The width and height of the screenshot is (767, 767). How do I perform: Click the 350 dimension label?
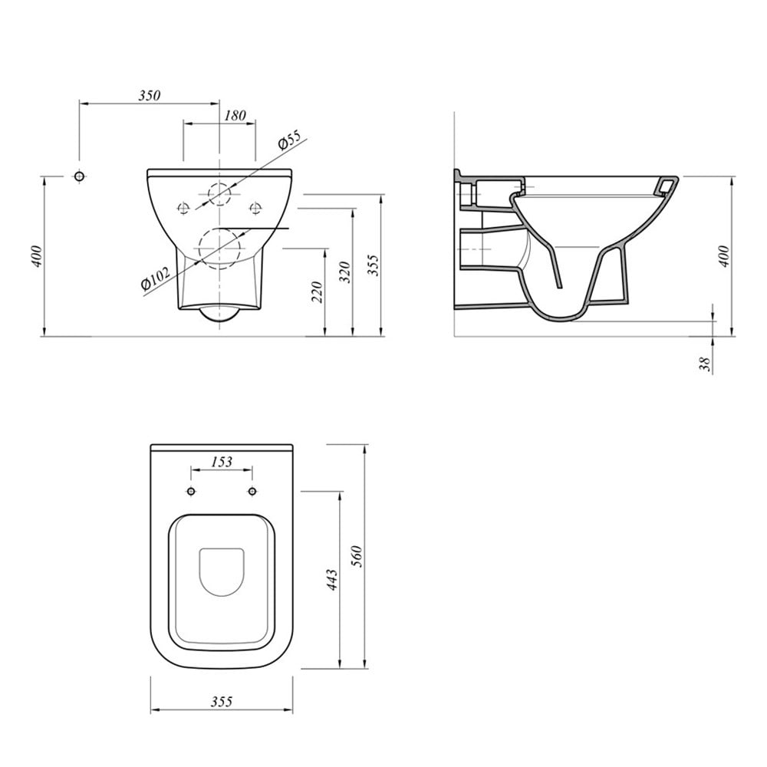click(150, 95)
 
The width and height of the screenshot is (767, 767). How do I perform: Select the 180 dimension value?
click(235, 116)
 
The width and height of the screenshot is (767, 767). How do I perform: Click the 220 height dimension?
click(318, 292)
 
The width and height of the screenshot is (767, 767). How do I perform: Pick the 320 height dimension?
click(345, 272)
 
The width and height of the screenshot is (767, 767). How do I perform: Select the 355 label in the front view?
click(374, 265)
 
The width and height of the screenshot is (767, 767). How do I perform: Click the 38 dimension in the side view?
click(705, 364)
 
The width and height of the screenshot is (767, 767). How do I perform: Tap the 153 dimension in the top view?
click(222, 461)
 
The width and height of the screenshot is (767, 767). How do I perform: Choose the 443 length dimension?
click(331, 580)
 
